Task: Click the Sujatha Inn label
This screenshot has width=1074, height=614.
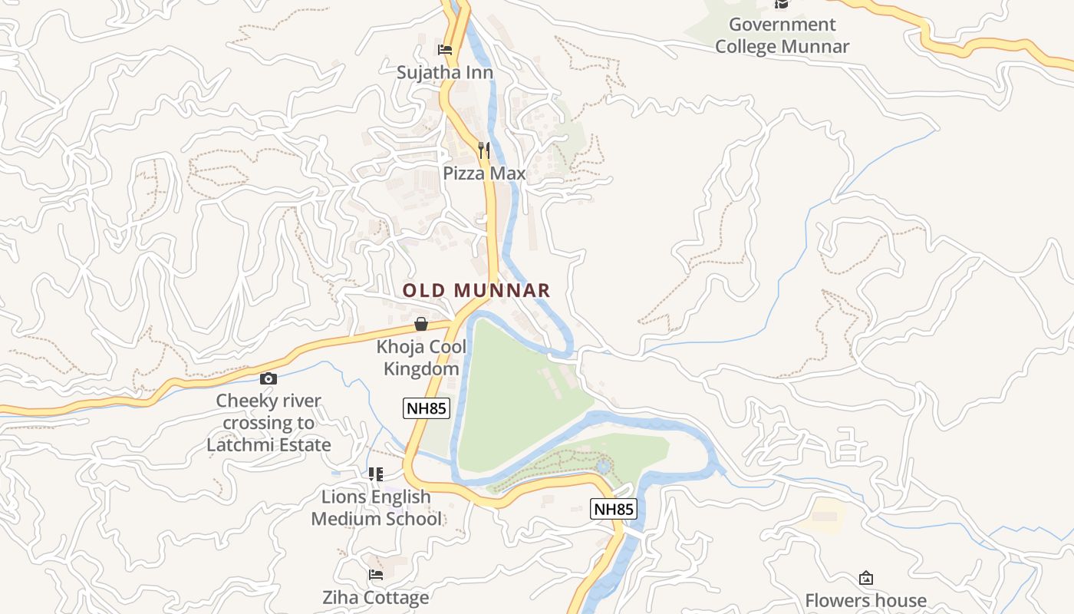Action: point(444,72)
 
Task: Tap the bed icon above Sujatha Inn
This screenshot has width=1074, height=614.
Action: point(444,50)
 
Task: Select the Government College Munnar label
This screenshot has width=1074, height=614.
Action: point(782,35)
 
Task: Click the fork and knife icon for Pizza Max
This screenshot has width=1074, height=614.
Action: point(483,150)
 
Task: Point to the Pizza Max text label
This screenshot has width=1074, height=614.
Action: point(484,173)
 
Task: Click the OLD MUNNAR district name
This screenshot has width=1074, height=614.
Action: point(476,290)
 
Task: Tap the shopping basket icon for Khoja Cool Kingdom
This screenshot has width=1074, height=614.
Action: point(420,324)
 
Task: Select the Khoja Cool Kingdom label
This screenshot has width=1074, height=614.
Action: point(421,358)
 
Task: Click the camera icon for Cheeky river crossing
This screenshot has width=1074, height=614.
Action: point(268,378)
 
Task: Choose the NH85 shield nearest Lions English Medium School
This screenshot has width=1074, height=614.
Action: point(426,408)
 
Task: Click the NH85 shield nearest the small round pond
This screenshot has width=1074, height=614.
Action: point(613,508)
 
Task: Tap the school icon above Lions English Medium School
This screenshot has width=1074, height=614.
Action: point(375,474)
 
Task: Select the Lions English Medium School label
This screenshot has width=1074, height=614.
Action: point(376,508)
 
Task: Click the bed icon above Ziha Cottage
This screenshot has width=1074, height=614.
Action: point(375,574)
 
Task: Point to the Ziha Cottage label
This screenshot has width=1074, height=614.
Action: point(375,597)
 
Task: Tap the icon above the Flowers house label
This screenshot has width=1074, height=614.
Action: point(865,578)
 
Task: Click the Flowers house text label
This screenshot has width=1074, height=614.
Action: point(865,600)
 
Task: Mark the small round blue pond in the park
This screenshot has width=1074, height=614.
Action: point(603,466)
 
